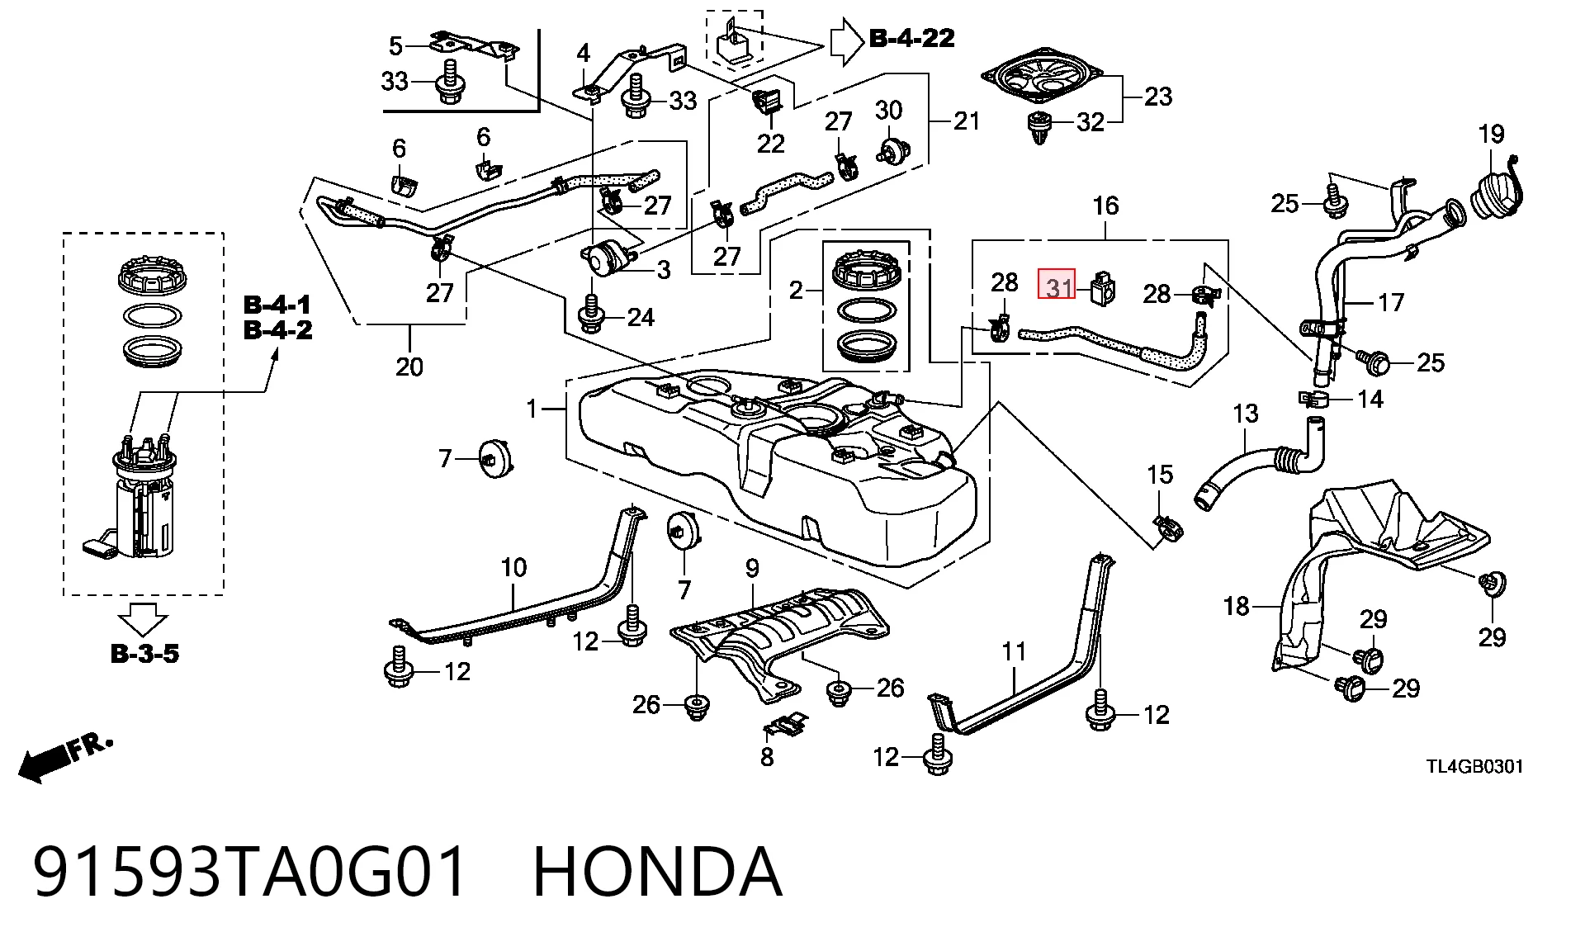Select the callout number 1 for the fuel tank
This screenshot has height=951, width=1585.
click(x=532, y=408)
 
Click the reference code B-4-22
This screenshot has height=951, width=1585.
click(x=912, y=38)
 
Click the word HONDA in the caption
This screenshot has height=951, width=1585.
click(x=658, y=871)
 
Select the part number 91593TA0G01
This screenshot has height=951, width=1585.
click(x=250, y=871)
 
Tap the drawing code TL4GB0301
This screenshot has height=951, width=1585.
click(x=1475, y=766)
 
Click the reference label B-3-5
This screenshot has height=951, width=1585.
click(x=144, y=654)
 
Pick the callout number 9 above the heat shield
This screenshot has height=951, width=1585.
click(x=752, y=568)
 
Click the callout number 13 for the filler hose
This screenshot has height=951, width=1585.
click(x=1245, y=414)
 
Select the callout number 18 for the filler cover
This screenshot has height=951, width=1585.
click(x=1236, y=607)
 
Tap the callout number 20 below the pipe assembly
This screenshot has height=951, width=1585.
click(x=409, y=367)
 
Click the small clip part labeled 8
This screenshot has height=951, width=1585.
click(x=787, y=726)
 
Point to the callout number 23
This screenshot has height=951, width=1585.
click(x=1158, y=97)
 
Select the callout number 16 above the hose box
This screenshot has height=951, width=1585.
click(x=1105, y=206)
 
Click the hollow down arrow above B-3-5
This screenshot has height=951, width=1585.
click(x=143, y=618)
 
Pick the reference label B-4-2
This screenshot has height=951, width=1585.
click(x=278, y=330)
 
